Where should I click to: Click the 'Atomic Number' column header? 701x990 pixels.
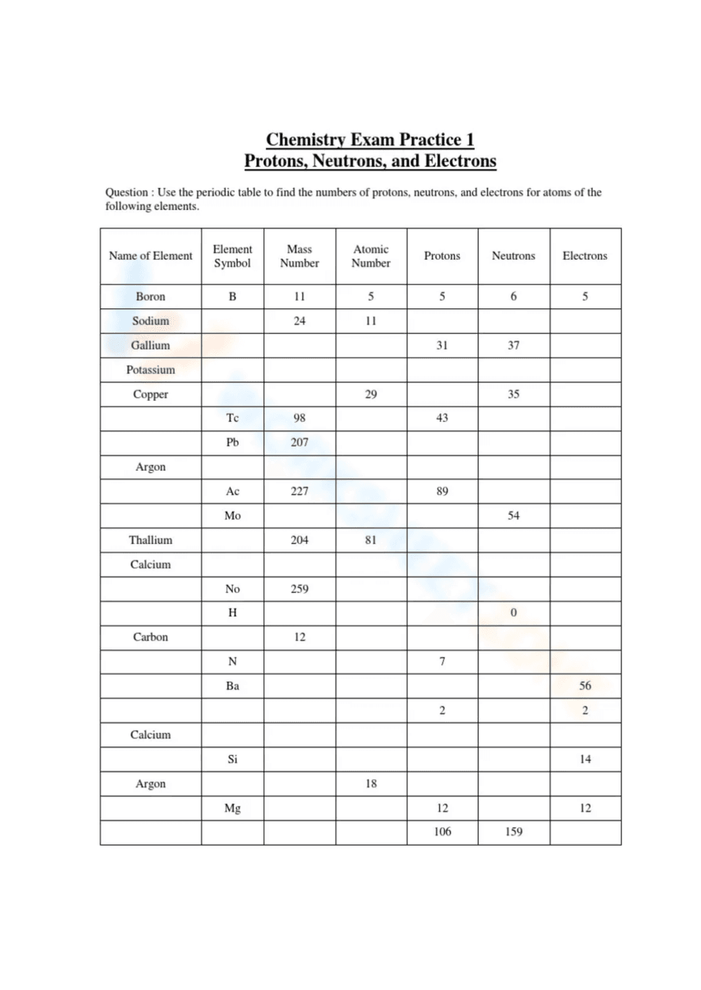(x=371, y=256)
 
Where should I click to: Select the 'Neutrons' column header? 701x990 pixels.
(x=513, y=256)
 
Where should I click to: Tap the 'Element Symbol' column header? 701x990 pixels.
(x=232, y=256)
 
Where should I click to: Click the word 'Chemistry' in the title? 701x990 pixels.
(x=306, y=139)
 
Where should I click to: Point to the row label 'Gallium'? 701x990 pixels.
(x=150, y=345)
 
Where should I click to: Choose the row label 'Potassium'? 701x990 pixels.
(x=150, y=370)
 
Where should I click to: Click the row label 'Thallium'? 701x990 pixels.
(x=150, y=540)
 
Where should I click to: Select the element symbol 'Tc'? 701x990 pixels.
(x=232, y=418)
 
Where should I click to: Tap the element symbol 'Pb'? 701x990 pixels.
(x=232, y=442)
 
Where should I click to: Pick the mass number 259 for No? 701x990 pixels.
(x=299, y=589)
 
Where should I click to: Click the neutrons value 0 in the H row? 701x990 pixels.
(x=513, y=613)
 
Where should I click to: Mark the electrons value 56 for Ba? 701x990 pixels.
(x=585, y=686)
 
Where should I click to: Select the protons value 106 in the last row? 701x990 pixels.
(x=442, y=832)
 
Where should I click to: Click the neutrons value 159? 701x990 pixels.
(x=513, y=832)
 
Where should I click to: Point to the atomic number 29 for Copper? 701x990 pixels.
(x=371, y=394)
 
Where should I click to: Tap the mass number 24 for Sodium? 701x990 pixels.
(x=299, y=321)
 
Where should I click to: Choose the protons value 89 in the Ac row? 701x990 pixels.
(x=442, y=491)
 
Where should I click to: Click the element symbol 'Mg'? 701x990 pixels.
(x=232, y=808)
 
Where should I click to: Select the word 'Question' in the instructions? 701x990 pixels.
(x=126, y=192)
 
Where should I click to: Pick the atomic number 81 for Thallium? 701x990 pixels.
(x=371, y=540)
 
